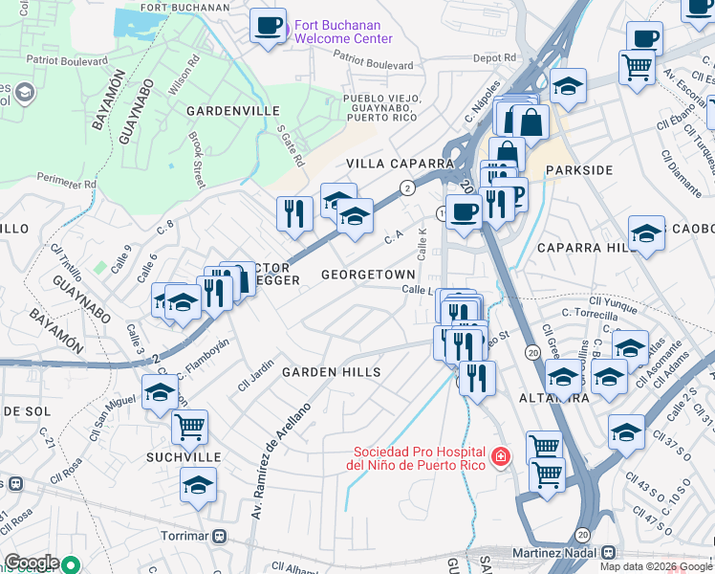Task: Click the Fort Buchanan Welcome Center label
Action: pyautogui.click(x=342, y=32)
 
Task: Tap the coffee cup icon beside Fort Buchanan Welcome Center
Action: pyautogui.click(x=269, y=25)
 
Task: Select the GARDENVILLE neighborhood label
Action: pyautogui.click(x=232, y=111)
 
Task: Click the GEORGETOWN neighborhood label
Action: pyautogui.click(x=368, y=275)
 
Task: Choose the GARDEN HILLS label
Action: pyautogui.click(x=331, y=372)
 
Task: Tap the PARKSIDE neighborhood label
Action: pyautogui.click(x=578, y=170)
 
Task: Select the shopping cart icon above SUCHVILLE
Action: pyautogui.click(x=190, y=426)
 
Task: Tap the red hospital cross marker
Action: pyautogui.click(x=498, y=458)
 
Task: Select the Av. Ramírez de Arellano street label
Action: pyautogui.click(x=280, y=449)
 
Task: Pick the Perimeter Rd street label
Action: pyautogui.click(x=68, y=181)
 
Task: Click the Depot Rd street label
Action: pyautogui.click(x=496, y=58)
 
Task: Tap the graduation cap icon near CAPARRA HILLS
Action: pyautogui.click(x=646, y=232)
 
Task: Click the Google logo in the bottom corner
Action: pyautogui.click(x=31, y=563)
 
